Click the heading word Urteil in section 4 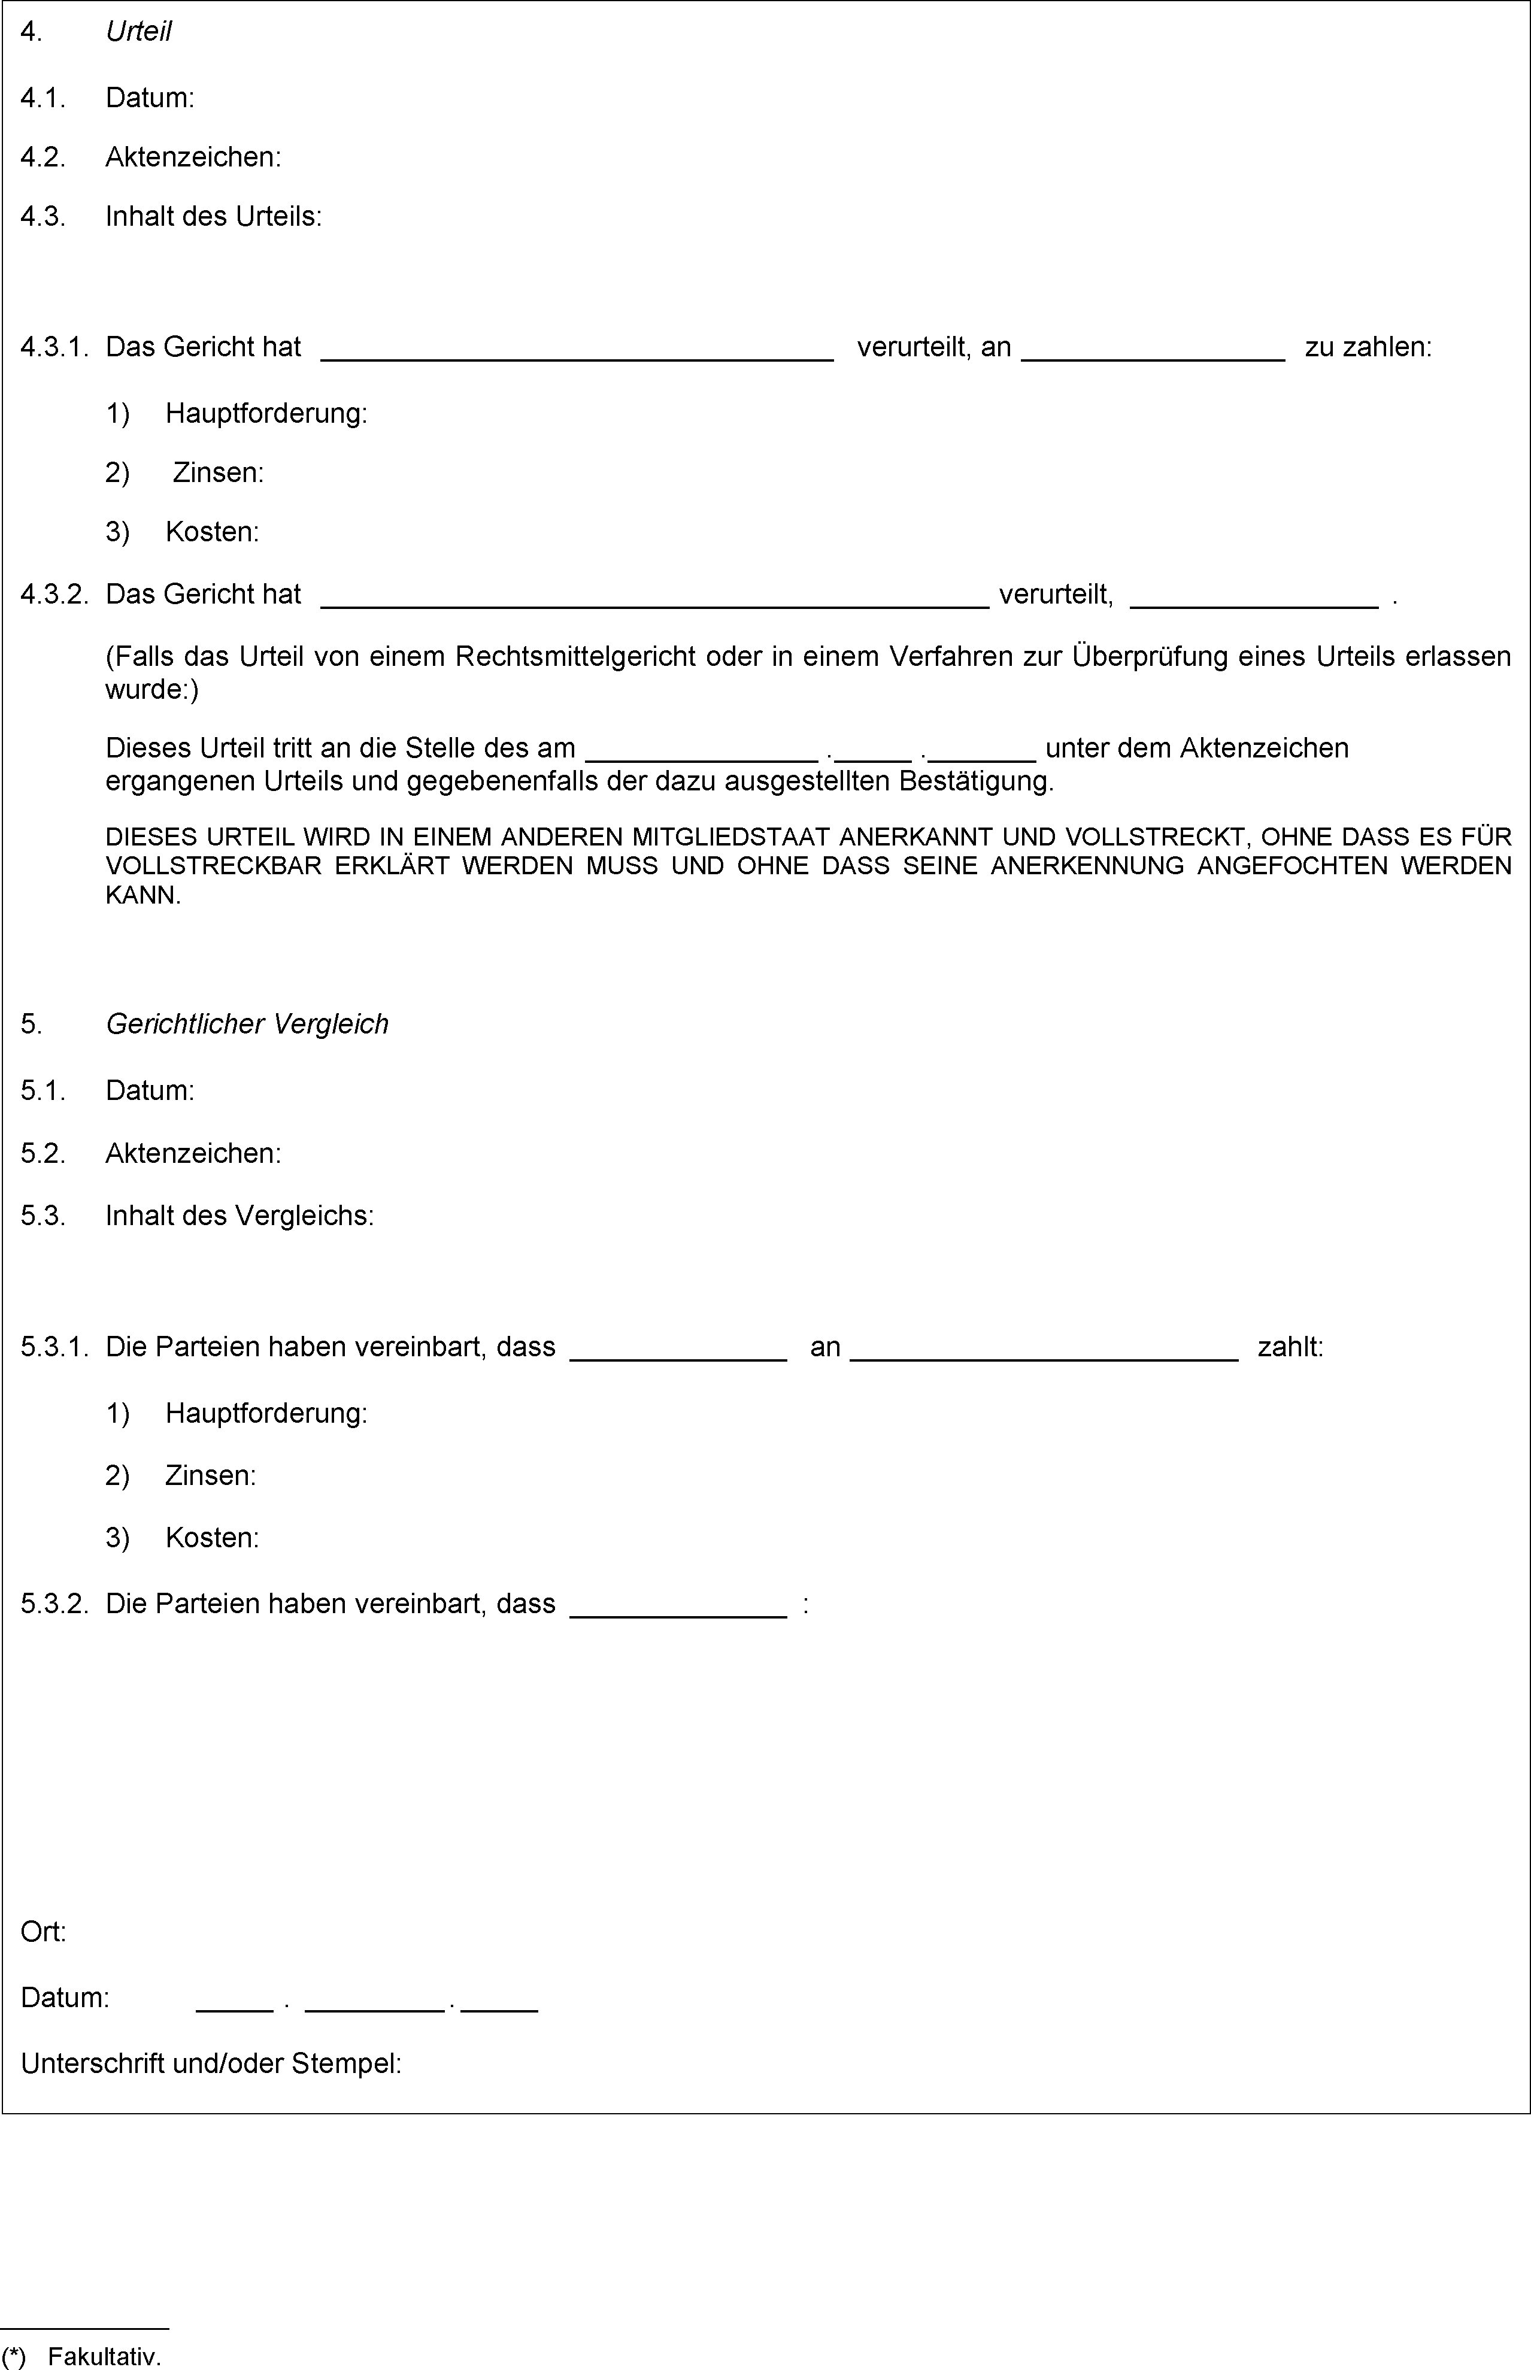point(138,32)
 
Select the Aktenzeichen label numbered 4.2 point(193,157)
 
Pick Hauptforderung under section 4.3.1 point(265,414)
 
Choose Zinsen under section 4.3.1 point(218,472)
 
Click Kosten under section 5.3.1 point(212,1538)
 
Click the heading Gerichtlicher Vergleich point(247,1024)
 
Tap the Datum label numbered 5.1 point(149,1090)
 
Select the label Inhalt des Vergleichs point(239,1216)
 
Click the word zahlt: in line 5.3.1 point(1290,1347)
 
